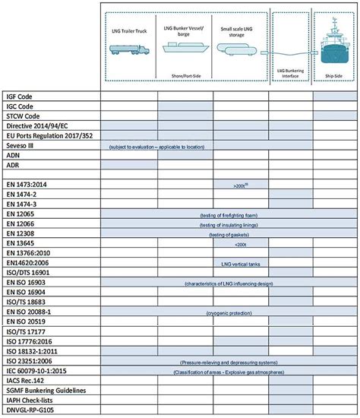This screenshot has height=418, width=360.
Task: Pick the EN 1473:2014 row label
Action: click(x=31, y=184)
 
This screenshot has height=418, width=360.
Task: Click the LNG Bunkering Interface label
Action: click(x=287, y=71)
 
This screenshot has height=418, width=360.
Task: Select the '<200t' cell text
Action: click(x=242, y=243)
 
